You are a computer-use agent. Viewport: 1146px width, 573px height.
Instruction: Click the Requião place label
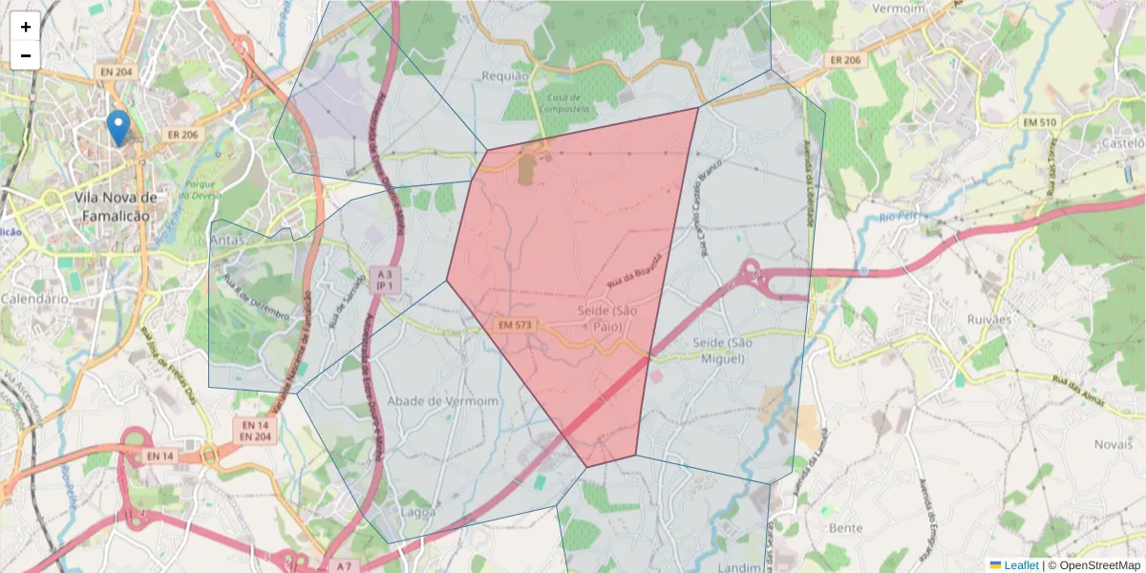point(505,76)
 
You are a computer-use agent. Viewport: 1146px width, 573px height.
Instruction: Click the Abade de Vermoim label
point(444,401)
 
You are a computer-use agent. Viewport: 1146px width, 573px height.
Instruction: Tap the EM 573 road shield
point(515,326)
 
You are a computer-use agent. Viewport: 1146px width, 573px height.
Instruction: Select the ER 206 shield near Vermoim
point(845,60)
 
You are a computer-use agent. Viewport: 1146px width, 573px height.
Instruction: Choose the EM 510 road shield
point(1039,122)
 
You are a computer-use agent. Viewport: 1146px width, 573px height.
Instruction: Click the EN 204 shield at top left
point(117,72)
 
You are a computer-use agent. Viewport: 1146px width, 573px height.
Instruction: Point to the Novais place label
point(1113,444)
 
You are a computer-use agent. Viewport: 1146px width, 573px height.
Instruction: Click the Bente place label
point(845,528)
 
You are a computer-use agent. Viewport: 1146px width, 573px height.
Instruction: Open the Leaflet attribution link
point(1021,565)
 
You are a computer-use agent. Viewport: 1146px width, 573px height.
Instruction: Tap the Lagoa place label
point(418,512)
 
